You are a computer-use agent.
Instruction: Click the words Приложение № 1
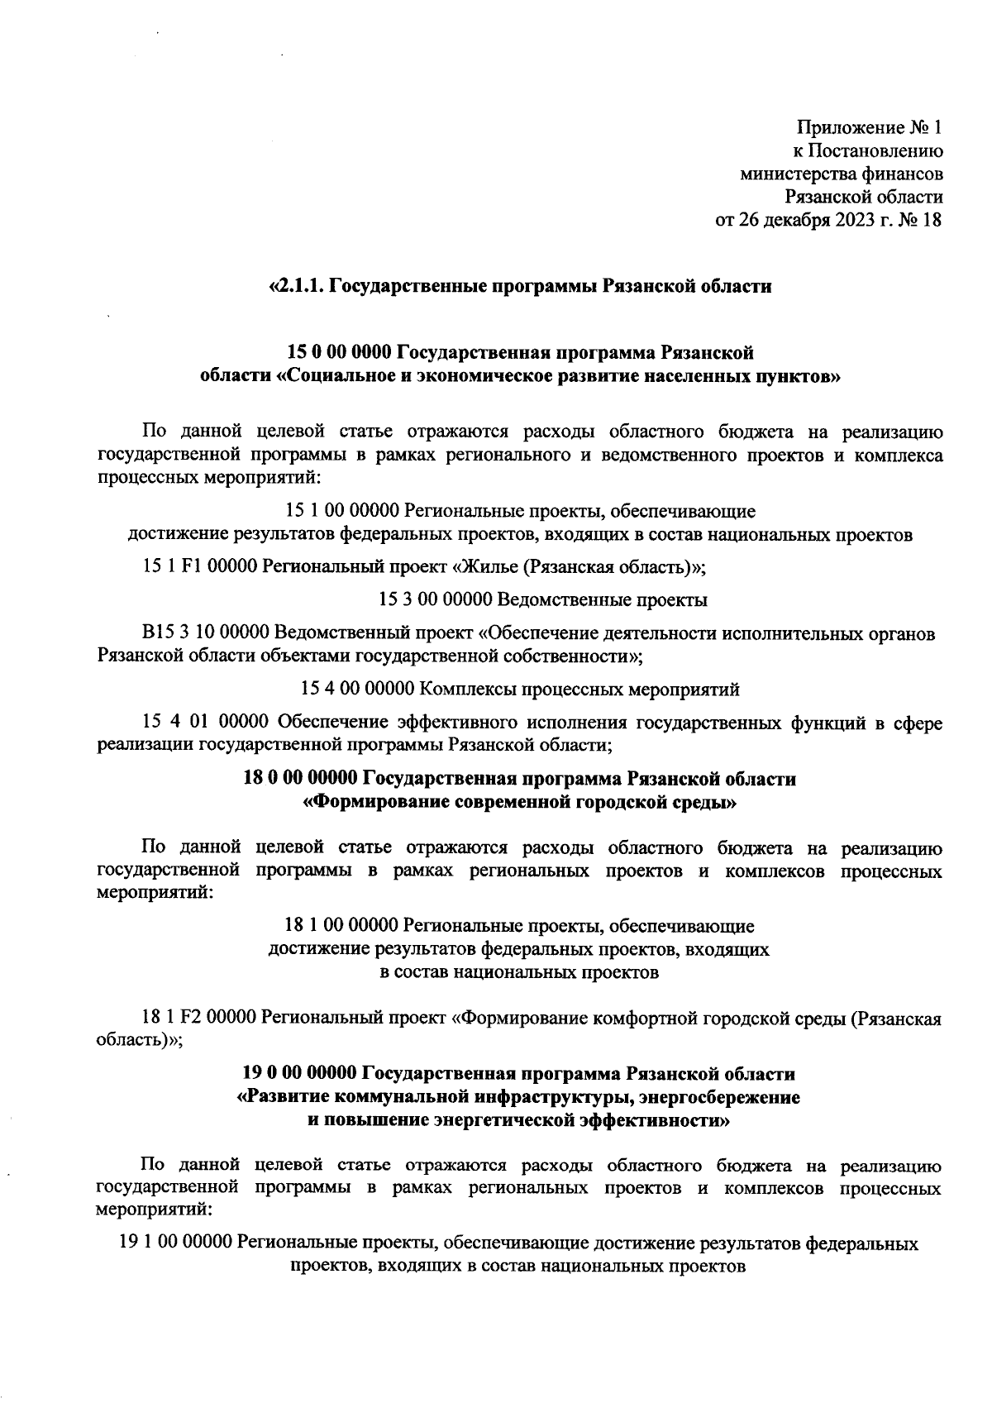tap(869, 128)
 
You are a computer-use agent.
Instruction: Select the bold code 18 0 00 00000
tap(299, 779)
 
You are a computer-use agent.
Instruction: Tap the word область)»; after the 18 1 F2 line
tap(139, 1042)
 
